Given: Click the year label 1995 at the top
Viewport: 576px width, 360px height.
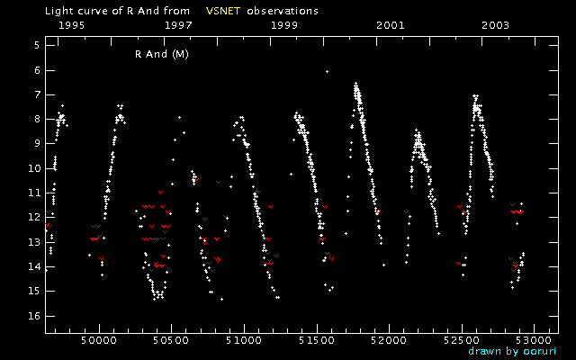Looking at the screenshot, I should click(71, 25).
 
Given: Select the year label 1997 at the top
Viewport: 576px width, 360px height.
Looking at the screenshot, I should click(178, 25).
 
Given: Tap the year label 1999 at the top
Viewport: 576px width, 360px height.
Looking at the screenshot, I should click(285, 25).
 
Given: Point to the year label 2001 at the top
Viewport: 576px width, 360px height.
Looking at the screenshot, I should click(390, 25).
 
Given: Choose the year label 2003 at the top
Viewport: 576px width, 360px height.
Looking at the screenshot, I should click(496, 25).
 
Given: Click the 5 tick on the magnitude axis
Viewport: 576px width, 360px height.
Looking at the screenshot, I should click(35, 45).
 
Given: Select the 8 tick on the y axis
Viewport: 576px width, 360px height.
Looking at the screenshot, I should click(35, 119).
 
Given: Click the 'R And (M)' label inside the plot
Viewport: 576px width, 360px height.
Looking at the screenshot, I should click(161, 54).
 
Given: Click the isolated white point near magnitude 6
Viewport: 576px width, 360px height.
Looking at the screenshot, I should click(327, 71).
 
